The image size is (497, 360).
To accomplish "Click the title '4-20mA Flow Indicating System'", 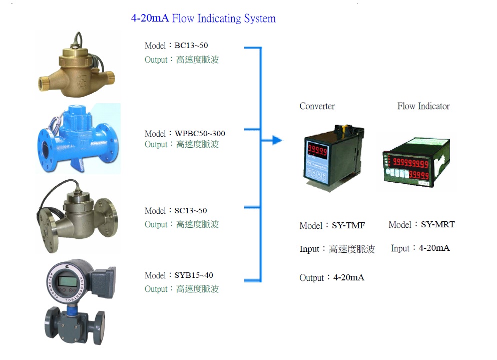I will (203, 19).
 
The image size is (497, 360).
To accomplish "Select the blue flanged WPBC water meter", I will (78, 139).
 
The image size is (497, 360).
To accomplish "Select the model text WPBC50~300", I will (200, 134).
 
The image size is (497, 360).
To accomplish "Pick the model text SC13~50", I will (190, 211).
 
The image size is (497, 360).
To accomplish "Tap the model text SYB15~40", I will (194, 275).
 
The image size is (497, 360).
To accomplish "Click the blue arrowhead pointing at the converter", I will (277, 140).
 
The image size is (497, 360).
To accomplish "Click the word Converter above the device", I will (317, 106).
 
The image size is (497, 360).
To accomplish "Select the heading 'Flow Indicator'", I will (423, 106).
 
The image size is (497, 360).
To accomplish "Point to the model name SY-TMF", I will (348, 226).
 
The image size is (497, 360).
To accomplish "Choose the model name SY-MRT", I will (437, 225).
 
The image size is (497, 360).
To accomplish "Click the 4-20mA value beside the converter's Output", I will (348, 277).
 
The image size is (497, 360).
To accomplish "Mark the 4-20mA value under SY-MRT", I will (434, 248).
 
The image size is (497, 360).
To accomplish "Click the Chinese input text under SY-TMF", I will (351, 249).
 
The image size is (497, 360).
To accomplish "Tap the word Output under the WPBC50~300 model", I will (156, 145).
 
